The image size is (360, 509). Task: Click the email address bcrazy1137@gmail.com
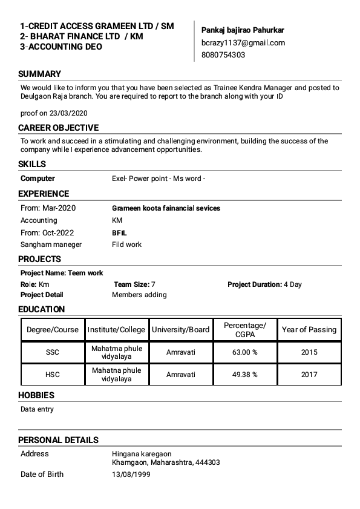(x=243, y=43)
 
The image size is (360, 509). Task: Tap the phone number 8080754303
(x=223, y=55)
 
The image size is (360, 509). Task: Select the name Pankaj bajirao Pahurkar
(x=243, y=30)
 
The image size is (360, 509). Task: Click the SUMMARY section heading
(x=39, y=74)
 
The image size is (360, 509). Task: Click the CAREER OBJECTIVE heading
(x=58, y=128)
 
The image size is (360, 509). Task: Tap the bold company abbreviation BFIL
(x=119, y=232)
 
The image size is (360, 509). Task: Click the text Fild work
(x=126, y=245)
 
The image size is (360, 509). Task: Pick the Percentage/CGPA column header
(x=244, y=330)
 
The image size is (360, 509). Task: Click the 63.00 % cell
(x=244, y=352)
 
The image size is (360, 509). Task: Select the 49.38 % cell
(x=244, y=375)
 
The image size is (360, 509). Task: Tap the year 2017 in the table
(x=309, y=375)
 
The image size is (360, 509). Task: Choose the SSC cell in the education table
(x=53, y=352)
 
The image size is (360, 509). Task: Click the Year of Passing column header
(x=309, y=330)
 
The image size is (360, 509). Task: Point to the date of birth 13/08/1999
(x=131, y=475)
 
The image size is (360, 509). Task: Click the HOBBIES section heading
(x=36, y=395)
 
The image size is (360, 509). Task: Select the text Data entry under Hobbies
(x=37, y=410)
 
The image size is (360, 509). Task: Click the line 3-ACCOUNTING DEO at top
(x=61, y=47)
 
